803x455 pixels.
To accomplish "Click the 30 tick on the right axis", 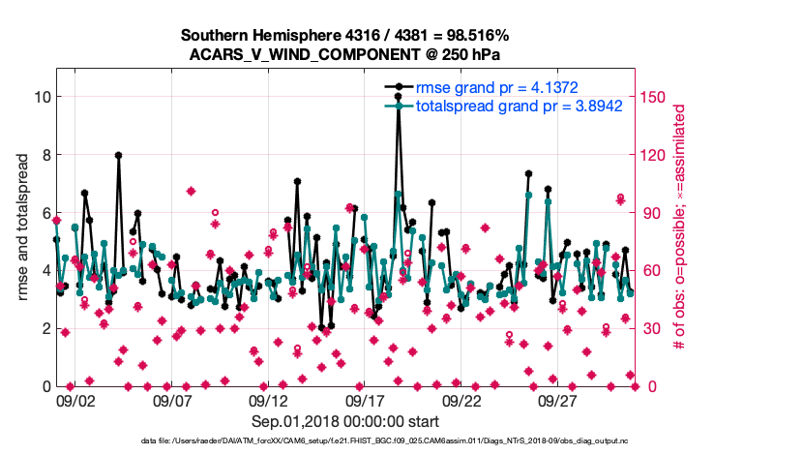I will pyautogui.click(x=654, y=328).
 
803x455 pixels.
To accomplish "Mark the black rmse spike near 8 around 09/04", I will pyautogui.click(x=118, y=155).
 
